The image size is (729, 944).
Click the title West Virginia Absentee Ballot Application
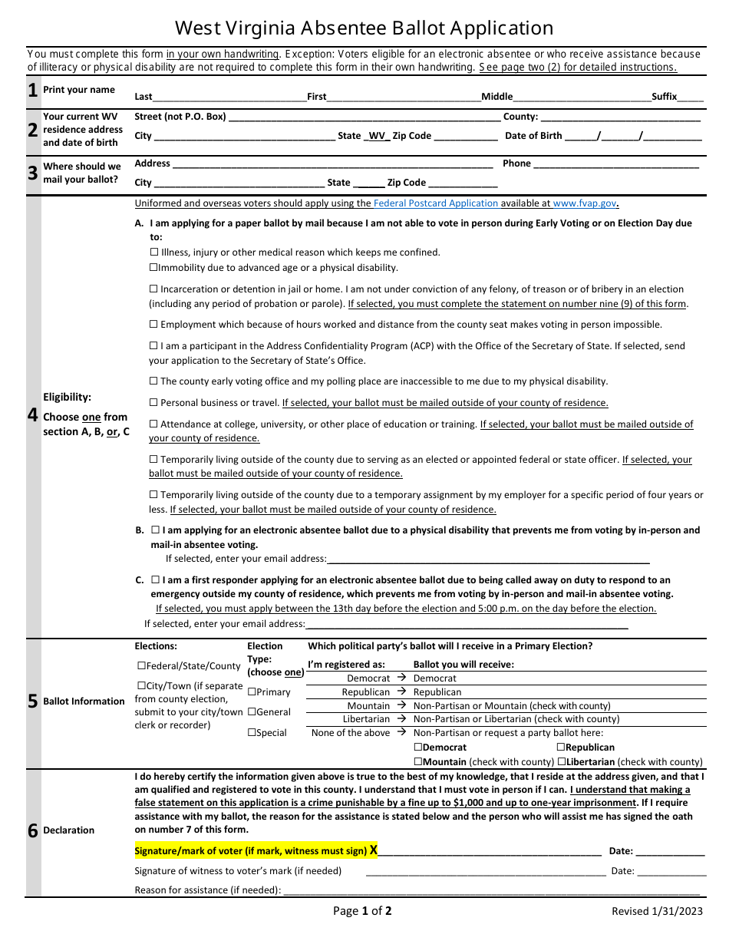click(364, 28)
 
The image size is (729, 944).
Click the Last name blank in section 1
click(229, 97)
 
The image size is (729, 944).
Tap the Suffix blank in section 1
click(691, 97)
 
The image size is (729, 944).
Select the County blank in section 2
click(620, 118)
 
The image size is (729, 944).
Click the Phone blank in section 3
click(615, 164)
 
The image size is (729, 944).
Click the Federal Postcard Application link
click(436, 203)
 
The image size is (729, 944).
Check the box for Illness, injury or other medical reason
click(154, 253)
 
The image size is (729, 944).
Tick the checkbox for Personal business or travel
click(154, 402)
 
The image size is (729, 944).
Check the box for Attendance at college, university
click(154, 424)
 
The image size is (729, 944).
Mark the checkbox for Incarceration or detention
click(154, 289)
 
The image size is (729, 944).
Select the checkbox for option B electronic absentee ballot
click(156, 530)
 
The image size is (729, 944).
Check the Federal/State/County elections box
click(141, 666)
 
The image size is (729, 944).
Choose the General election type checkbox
click(252, 712)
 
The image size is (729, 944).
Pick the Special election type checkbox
click(252, 733)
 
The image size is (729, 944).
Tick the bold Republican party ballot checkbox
click(561, 748)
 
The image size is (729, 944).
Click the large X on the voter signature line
click(374, 850)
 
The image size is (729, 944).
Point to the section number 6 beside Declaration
click(32, 830)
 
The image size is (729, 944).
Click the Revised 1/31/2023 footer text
click(657, 912)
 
